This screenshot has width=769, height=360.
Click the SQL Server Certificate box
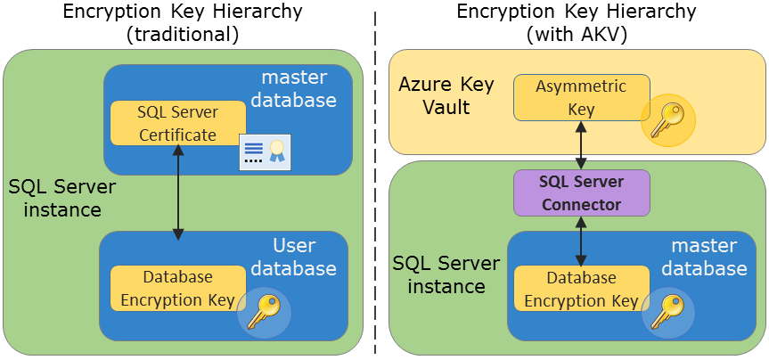[x=177, y=123]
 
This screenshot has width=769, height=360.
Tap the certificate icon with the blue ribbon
[x=265, y=152]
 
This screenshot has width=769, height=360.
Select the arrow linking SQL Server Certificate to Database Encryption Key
[x=178, y=192]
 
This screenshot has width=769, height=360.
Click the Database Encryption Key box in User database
[x=177, y=288]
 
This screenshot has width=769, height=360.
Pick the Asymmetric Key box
[x=581, y=97]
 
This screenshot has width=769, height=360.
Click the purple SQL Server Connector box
[x=582, y=192]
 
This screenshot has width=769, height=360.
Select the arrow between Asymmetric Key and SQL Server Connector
[x=582, y=145]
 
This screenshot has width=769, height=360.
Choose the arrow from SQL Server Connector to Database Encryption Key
[x=582, y=240]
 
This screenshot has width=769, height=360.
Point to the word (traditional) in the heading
[x=184, y=35]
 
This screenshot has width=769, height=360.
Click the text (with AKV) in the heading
[x=577, y=35]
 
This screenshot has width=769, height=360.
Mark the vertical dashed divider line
[x=375, y=178]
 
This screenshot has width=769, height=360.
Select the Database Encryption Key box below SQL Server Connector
[x=581, y=289]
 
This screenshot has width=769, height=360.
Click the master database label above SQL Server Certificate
[x=293, y=87]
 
